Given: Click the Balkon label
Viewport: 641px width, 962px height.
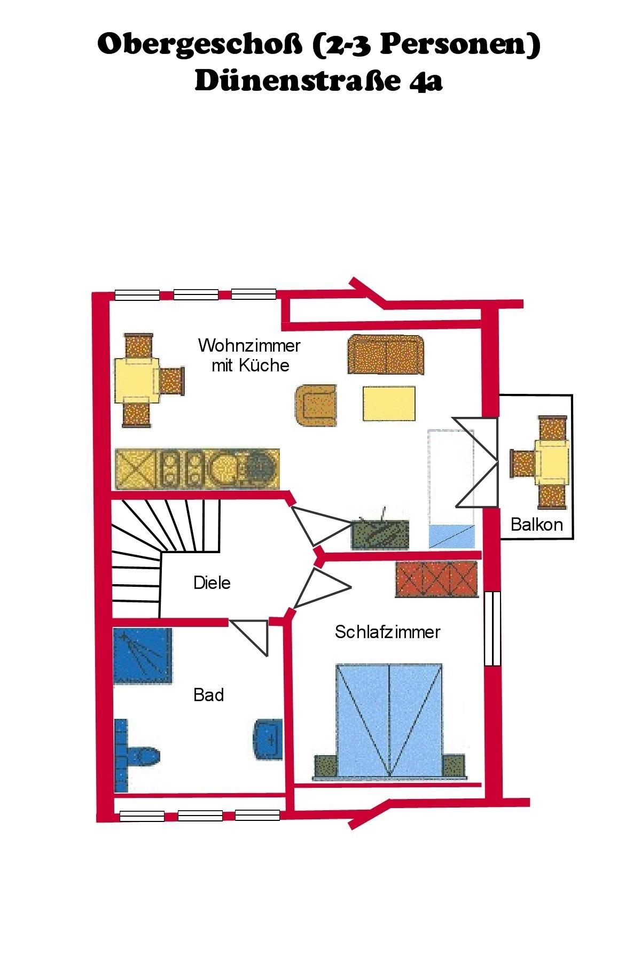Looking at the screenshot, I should point(537,524).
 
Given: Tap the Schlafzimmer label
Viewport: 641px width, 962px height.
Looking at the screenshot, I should point(387,632).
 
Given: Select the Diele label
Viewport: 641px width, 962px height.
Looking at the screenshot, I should point(212,582).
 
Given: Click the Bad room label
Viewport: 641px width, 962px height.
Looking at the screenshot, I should point(208,695).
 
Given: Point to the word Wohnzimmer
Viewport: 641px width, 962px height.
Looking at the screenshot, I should point(249,345).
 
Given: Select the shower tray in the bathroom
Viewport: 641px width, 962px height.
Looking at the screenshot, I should point(143,655).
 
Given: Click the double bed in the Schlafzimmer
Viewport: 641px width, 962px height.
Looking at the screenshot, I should point(389,719).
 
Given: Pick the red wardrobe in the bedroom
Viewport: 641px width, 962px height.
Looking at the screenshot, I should point(435,579).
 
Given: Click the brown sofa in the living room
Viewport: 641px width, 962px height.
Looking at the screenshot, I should point(386,354).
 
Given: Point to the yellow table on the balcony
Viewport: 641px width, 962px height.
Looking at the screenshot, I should point(552,462).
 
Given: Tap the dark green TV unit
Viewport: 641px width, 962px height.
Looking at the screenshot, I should point(380,534).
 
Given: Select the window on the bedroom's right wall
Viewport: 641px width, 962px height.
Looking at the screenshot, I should point(493,629).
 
